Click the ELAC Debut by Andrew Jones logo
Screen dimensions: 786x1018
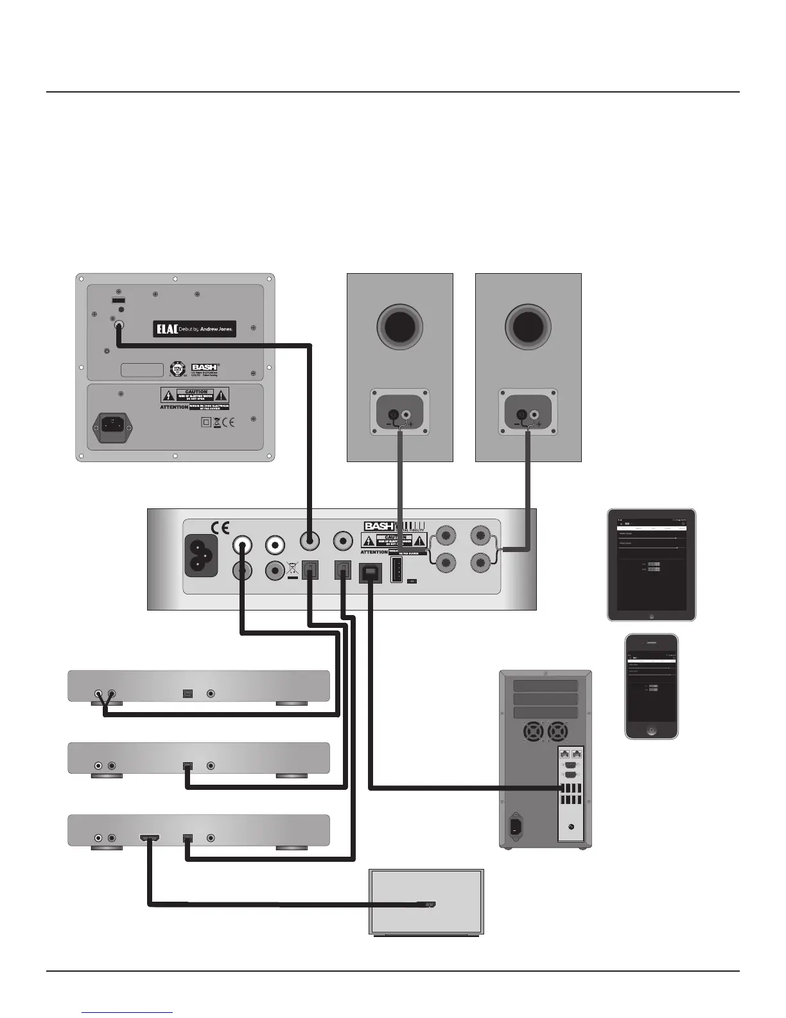tap(195, 329)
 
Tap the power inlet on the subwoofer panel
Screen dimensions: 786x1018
tap(114, 424)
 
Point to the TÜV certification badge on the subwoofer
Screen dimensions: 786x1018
tap(177, 370)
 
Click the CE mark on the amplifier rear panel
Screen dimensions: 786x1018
tap(220, 528)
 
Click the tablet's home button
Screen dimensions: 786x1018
tap(651, 615)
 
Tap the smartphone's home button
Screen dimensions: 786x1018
tap(651, 731)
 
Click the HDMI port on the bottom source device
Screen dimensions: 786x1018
tap(150, 838)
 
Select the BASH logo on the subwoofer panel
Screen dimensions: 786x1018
tap(204, 368)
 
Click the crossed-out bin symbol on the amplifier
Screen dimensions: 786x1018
tap(292, 569)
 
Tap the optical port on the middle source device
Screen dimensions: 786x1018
tap(187, 766)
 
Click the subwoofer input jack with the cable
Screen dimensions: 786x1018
tap(119, 326)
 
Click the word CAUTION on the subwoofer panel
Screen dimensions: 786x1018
tap(196, 391)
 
